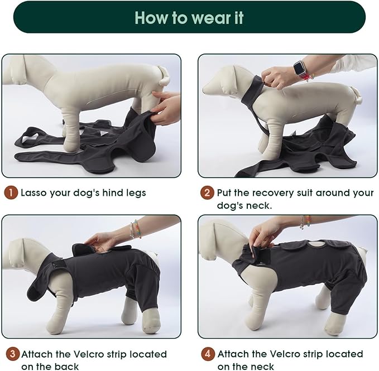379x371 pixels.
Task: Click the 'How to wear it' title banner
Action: [189, 17]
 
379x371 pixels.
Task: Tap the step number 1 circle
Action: [11, 193]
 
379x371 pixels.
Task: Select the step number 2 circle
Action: [207, 193]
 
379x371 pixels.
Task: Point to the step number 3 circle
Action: [11, 354]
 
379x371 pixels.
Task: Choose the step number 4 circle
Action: [207, 354]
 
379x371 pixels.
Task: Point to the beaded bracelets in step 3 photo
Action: [133, 229]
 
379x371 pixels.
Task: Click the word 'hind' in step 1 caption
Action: [109, 193]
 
